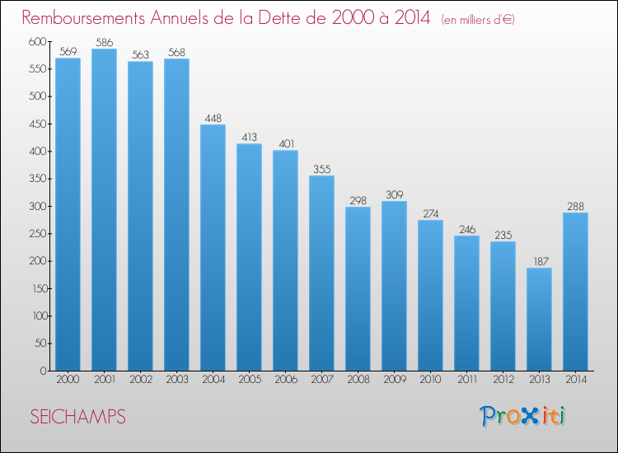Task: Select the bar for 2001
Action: (104, 209)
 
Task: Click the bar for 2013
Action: (539, 319)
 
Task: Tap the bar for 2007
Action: (321, 273)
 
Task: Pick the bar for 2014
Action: (575, 292)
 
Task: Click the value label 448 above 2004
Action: (213, 118)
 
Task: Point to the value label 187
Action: (541, 262)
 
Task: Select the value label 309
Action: (395, 194)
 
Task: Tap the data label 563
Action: (140, 54)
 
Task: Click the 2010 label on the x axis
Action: (430, 380)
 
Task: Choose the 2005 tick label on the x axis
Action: (250, 380)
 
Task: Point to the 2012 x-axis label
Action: (503, 380)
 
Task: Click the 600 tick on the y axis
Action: (37, 41)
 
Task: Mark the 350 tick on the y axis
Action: (38, 179)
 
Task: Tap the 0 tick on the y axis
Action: (44, 371)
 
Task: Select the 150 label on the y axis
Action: (39, 289)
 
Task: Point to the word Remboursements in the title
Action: (83, 17)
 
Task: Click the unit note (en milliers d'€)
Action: (478, 20)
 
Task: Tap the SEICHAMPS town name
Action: (77, 417)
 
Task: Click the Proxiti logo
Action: (522, 416)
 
